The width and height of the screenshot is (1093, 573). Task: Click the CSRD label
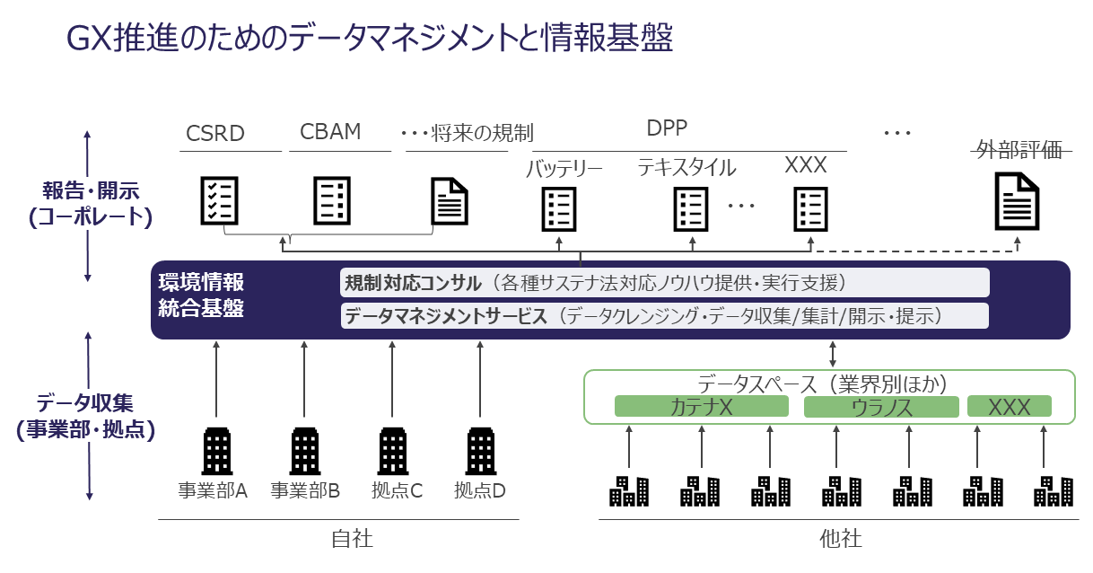click(x=215, y=134)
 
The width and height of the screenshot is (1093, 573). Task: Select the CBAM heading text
click(x=330, y=132)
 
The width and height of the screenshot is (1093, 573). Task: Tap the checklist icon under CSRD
click(x=218, y=200)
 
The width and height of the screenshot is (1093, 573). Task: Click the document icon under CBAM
click(x=332, y=200)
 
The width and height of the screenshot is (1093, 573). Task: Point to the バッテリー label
click(x=564, y=168)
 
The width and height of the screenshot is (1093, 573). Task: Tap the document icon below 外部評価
click(x=1017, y=201)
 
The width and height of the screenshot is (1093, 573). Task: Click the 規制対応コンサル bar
click(x=664, y=283)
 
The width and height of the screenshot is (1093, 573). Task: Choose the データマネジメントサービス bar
click(x=664, y=315)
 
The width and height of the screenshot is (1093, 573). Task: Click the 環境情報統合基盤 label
click(x=202, y=295)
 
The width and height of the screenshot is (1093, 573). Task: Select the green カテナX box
click(x=701, y=407)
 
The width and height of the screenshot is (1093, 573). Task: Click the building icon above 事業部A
click(x=216, y=450)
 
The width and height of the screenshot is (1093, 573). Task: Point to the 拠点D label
click(x=480, y=491)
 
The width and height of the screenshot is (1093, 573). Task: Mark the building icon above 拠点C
click(x=392, y=450)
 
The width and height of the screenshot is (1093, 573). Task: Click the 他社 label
click(x=841, y=539)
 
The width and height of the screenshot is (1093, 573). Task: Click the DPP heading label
click(x=668, y=128)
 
